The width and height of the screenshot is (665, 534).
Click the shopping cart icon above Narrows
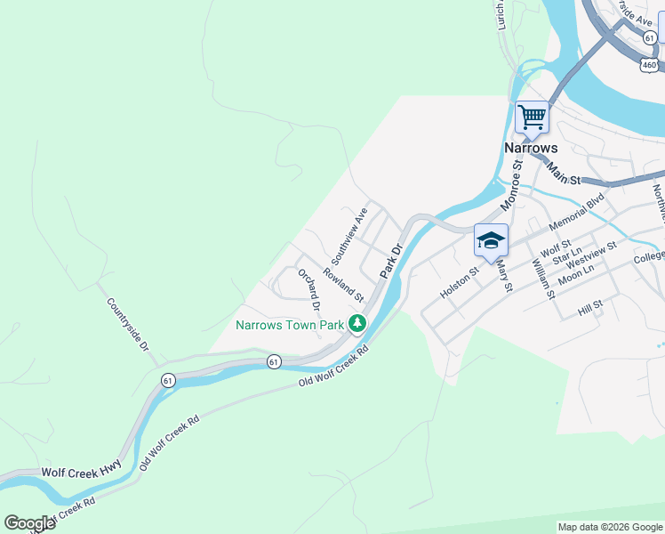pos(532,117)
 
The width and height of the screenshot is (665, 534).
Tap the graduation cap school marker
pos(491,240)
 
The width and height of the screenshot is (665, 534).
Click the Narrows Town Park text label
pos(289,325)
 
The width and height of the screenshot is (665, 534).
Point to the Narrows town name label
pos(531,148)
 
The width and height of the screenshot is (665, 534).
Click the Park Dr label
pos(392,258)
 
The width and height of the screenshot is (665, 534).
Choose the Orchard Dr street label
pos(309,286)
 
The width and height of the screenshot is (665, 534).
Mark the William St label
pos(542,276)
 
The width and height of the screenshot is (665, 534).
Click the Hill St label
pos(589,307)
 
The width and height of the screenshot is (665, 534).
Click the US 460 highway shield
pos(650,66)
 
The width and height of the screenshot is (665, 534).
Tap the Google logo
pos(29,523)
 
